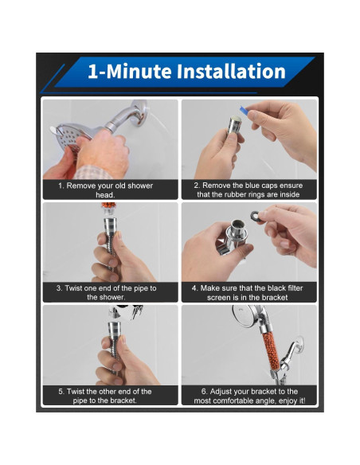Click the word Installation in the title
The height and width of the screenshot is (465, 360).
(x=231, y=72)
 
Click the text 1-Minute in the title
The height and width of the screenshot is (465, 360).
(x=130, y=72)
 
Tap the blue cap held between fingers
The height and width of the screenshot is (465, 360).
(x=245, y=111)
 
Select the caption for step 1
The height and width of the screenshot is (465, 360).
(x=106, y=190)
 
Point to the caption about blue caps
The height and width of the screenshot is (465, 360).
(x=248, y=190)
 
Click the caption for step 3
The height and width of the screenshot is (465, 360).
(x=106, y=292)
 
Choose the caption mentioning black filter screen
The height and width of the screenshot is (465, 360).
(x=248, y=292)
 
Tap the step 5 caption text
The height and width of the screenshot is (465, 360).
(x=105, y=396)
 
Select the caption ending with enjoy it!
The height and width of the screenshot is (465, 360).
(x=249, y=396)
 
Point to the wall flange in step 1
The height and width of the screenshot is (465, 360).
(x=140, y=113)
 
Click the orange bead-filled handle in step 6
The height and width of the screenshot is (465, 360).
(x=270, y=351)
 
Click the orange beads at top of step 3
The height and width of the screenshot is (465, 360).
(x=109, y=205)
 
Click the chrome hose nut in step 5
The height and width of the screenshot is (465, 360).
(x=115, y=331)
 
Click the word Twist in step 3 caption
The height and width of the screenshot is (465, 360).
(x=73, y=288)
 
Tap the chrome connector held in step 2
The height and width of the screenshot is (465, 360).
(x=234, y=126)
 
